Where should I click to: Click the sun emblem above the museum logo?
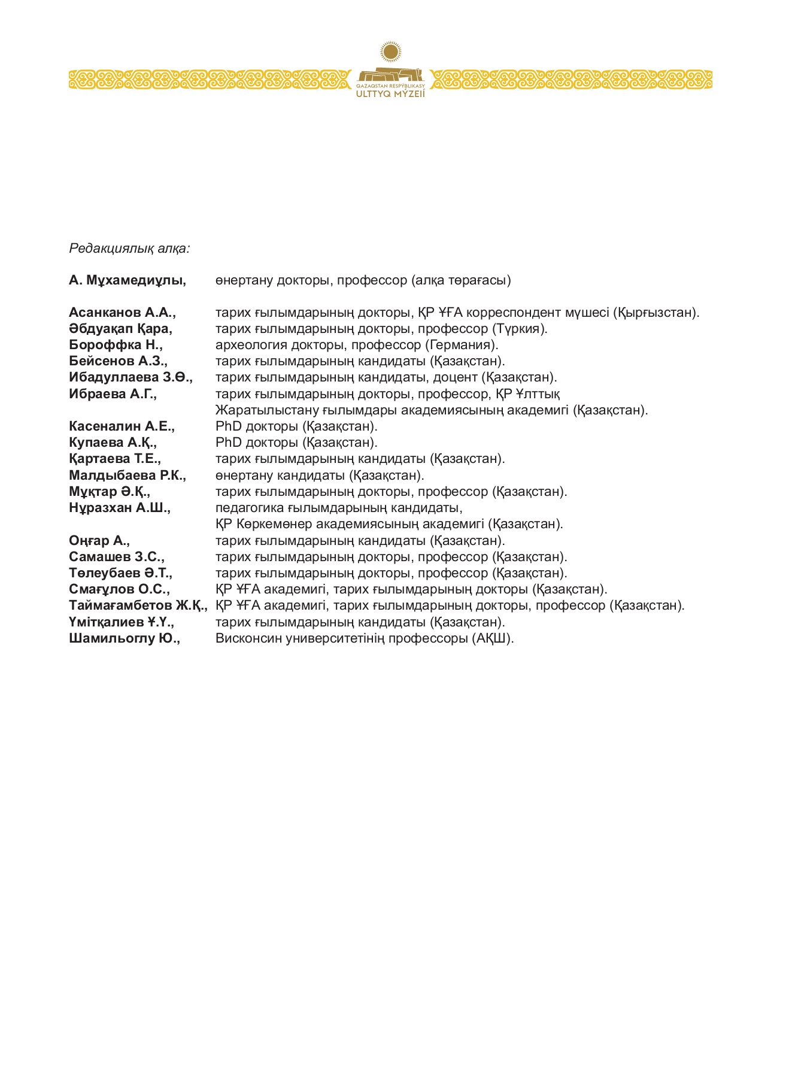click(390, 52)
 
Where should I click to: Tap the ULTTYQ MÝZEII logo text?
click(390, 94)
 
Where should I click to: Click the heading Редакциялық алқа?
click(129, 248)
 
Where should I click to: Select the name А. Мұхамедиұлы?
click(127, 280)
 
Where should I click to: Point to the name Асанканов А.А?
click(122, 313)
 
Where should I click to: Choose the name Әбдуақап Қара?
click(120, 329)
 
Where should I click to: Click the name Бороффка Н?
click(116, 345)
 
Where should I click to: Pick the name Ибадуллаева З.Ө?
click(131, 378)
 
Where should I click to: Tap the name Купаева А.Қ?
click(113, 443)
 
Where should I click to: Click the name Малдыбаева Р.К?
click(127, 476)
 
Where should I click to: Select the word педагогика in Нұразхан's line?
click(249, 508)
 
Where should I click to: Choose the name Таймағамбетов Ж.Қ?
click(138, 605)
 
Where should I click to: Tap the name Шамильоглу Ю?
click(125, 638)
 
